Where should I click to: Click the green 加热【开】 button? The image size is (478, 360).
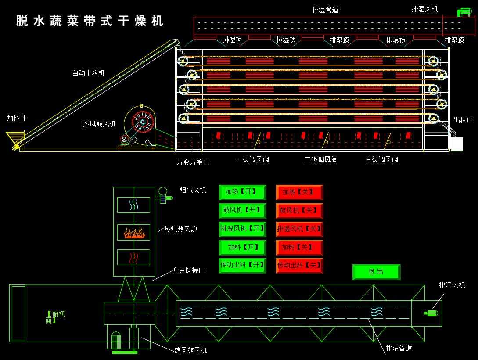pos(242,192)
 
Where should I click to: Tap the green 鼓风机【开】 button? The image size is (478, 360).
pos(242,211)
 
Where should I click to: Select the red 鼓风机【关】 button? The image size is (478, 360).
pos(299,211)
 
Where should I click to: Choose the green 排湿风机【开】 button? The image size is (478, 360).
pos(242,229)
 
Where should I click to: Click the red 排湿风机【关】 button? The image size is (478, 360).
pos(299,229)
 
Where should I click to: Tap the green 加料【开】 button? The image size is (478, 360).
pos(242,247)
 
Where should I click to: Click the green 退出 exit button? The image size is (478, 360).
pos(376,272)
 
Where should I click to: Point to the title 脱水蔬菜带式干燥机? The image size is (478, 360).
pos(90,21)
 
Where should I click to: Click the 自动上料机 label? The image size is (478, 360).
pos(88,73)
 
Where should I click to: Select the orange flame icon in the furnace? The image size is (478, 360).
pos(134,232)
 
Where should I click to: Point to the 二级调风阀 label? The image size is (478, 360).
pos(321,160)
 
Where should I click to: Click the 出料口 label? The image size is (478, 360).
pos(463,120)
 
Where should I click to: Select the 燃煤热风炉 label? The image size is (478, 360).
pos(180,229)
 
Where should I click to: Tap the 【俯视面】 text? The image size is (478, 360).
pos(55,317)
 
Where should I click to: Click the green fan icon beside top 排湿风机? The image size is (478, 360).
pos(464,12)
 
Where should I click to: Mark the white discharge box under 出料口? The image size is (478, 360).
pos(456,144)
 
